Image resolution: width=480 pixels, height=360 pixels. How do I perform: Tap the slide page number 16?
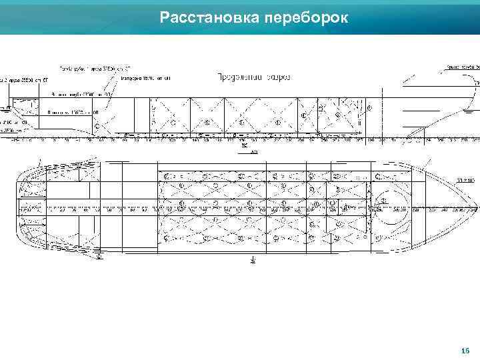coord(465,351)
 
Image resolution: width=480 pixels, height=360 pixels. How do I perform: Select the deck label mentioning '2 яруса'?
coord(27,80)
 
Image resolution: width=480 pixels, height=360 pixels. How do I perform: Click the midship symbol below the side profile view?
coord(245,145)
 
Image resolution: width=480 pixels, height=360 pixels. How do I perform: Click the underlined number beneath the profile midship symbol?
coord(254,151)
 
